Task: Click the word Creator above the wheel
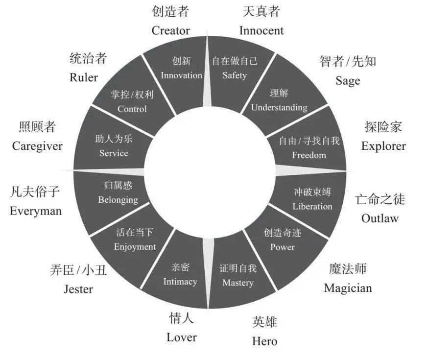(170, 30)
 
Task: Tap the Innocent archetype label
(261, 30)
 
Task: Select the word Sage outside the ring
(348, 81)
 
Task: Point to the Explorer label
(383, 146)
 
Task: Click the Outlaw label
(380, 218)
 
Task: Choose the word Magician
(348, 288)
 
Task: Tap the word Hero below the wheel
(264, 341)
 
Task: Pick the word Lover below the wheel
(181, 337)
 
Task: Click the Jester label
(78, 289)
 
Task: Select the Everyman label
(36, 211)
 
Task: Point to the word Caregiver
(37, 146)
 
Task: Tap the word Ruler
(84, 77)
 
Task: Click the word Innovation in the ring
(181, 75)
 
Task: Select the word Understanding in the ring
(279, 108)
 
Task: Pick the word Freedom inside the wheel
(309, 155)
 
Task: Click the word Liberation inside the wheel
(312, 206)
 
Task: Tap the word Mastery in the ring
(238, 283)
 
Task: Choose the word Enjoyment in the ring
(135, 247)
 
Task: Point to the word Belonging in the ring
(118, 200)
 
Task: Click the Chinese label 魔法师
(348, 269)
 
